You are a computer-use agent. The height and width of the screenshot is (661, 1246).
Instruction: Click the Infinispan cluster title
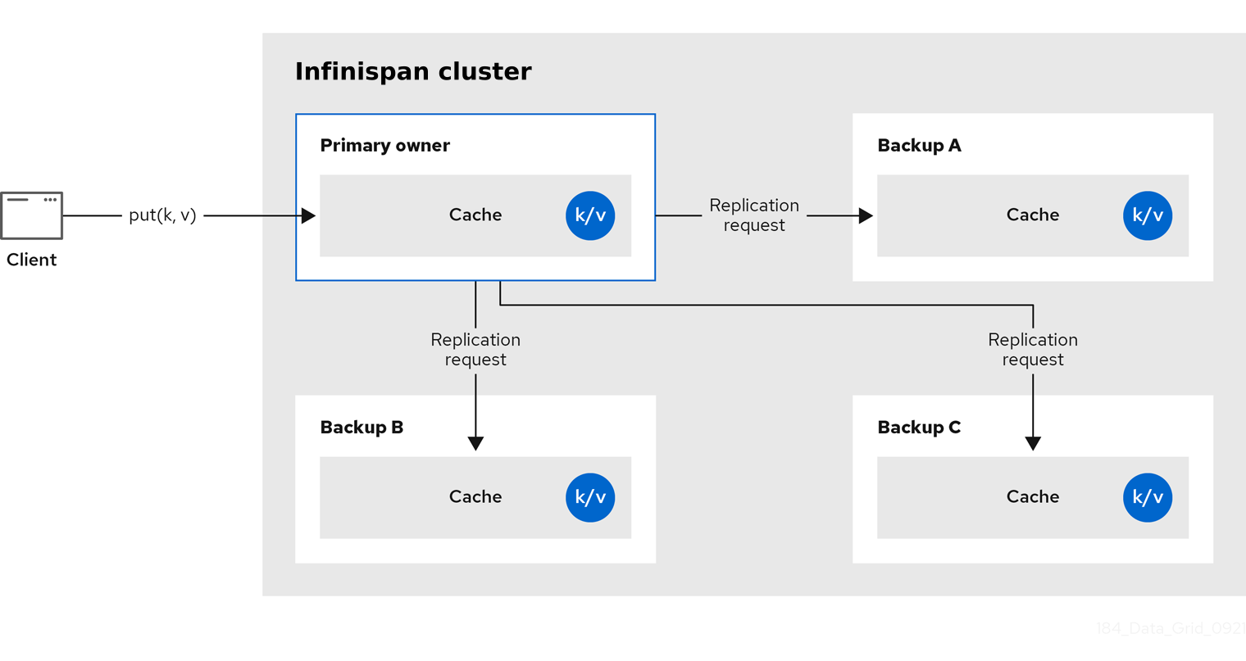(x=413, y=71)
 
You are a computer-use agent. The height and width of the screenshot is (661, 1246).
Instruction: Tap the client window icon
(x=32, y=215)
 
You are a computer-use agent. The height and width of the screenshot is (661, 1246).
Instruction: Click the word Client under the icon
(x=31, y=260)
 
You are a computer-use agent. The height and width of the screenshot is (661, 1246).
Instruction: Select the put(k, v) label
(x=162, y=215)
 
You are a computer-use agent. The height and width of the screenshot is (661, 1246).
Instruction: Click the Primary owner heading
(x=384, y=145)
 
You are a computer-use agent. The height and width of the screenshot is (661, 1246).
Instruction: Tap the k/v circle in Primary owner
(x=590, y=215)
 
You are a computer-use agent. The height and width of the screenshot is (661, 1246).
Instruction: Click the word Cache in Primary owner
(x=475, y=215)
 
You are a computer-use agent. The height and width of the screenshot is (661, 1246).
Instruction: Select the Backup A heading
(x=919, y=145)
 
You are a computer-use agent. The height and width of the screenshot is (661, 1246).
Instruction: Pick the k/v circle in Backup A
(x=1148, y=215)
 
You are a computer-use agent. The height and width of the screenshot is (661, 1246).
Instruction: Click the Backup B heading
(x=362, y=427)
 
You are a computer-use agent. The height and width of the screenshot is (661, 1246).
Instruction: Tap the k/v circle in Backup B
(x=590, y=497)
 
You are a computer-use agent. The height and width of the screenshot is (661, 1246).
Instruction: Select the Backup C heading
(x=919, y=427)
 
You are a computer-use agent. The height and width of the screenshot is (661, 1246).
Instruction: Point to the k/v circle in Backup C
(x=1148, y=497)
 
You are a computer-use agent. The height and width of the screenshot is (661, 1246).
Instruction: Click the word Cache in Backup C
(x=1033, y=496)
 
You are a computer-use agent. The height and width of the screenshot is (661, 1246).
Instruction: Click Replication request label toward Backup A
(x=754, y=215)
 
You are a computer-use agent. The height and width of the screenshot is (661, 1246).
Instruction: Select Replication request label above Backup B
(x=475, y=350)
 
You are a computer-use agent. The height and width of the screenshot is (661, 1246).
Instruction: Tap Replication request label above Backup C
(x=1033, y=350)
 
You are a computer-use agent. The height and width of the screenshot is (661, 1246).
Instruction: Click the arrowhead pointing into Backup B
(x=475, y=443)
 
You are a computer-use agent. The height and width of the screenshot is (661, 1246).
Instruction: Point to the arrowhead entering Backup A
(x=866, y=215)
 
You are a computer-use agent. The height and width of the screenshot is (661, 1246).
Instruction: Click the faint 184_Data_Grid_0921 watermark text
(x=1170, y=628)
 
